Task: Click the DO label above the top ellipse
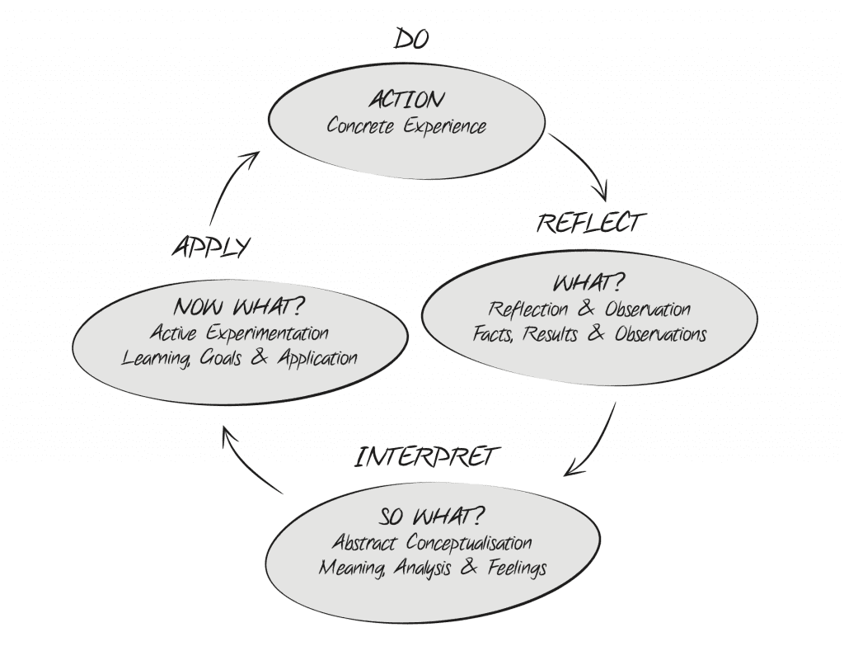coord(412,38)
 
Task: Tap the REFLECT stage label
coord(588,222)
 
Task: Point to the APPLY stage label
coord(210,248)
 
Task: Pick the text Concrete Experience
coord(406,126)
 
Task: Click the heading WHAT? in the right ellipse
coord(588,285)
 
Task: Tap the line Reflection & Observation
coord(588,310)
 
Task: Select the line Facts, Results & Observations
coord(589,335)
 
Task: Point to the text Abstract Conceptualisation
coord(432,543)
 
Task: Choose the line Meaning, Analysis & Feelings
coord(433,569)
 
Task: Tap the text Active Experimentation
coord(240,333)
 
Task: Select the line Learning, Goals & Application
coord(239,359)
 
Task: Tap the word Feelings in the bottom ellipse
coord(513,569)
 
